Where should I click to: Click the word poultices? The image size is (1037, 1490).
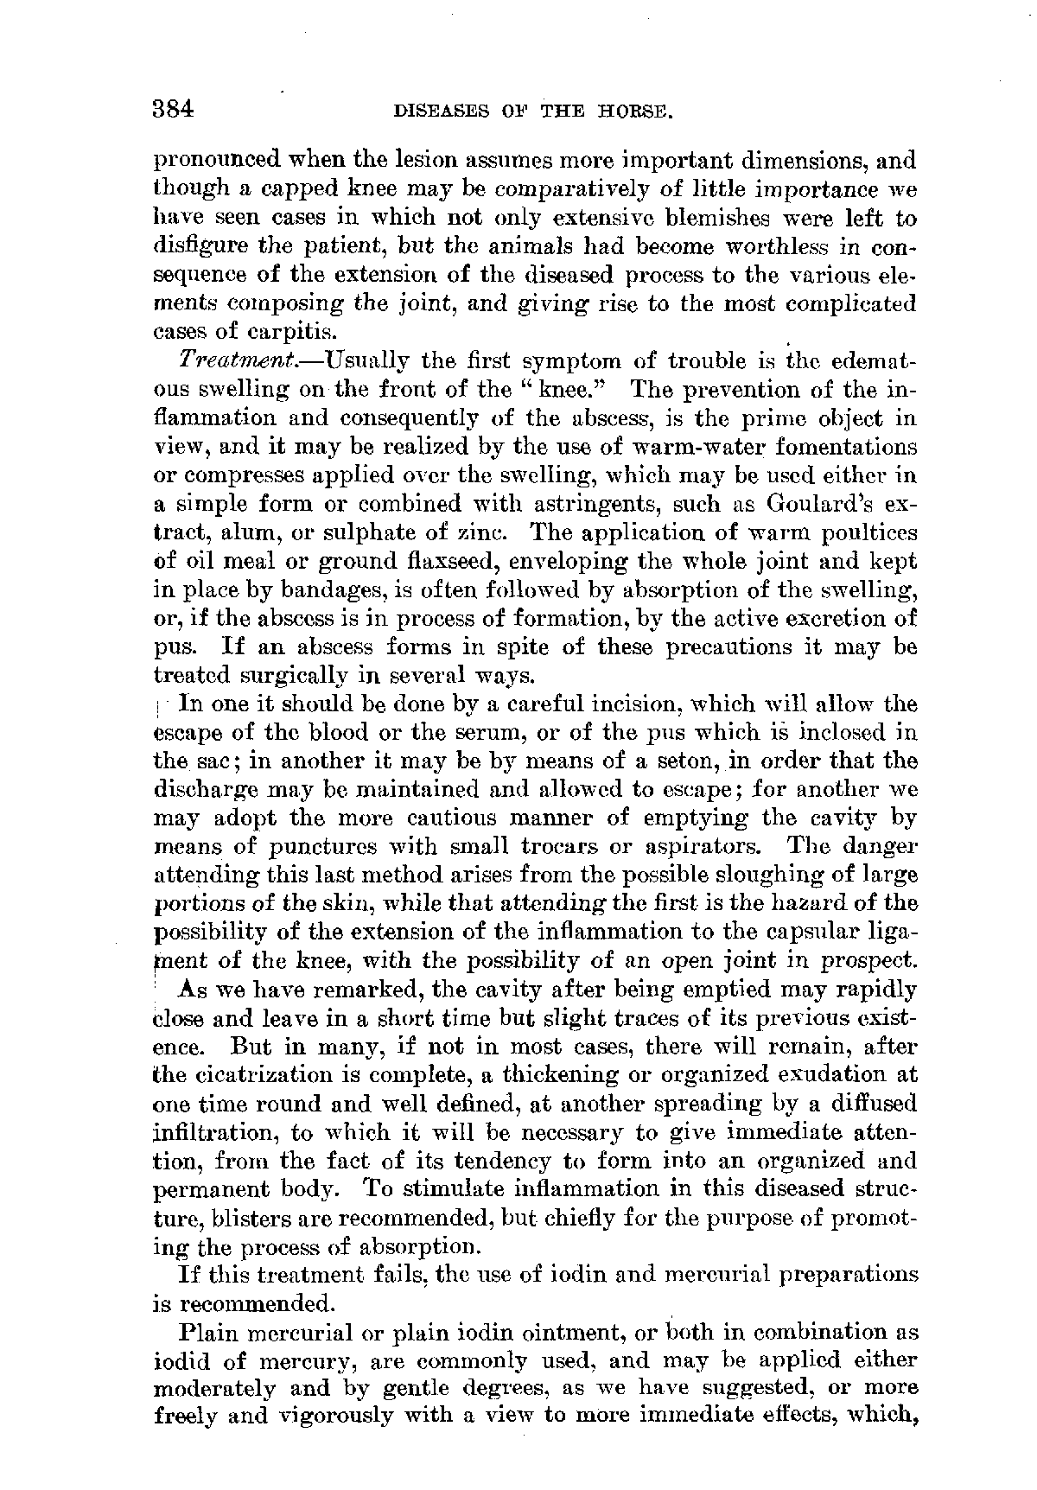coord(863,532)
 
